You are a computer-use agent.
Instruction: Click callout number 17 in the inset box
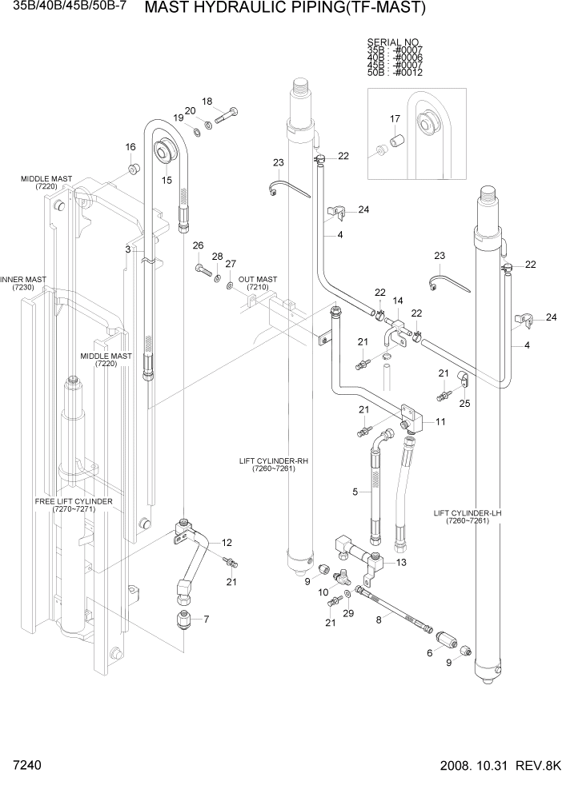pyautogui.click(x=395, y=119)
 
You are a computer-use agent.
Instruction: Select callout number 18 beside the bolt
pyautogui.click(x=207, y=102)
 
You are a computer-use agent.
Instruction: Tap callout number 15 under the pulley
pyautogui.click(x=167, y=180)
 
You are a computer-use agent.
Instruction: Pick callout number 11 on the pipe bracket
pyautogui.click(x=440, y=420)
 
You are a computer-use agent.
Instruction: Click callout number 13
pyautogui.click(x=401, y=562)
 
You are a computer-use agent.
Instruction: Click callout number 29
pyautogui.click(x=348, y=612)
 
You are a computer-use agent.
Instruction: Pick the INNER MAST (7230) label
pyautogui.click(x=22, y=284)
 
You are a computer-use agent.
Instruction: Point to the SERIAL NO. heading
pyautogui.click(x=393, y=42)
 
